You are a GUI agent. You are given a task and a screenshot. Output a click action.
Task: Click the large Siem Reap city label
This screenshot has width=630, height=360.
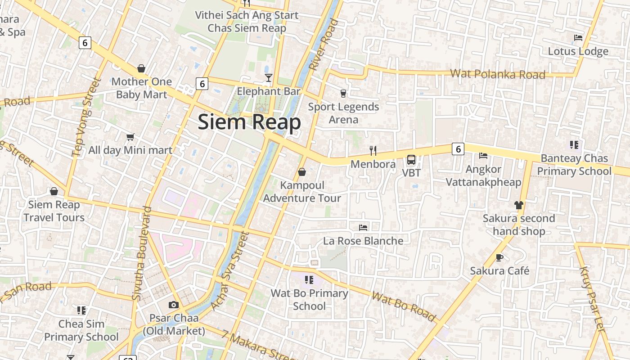(249, 122)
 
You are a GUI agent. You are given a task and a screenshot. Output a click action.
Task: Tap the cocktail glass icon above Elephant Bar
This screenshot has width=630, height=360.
(268, 78)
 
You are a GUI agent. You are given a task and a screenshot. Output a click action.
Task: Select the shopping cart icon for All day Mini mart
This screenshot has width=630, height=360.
(130, 137)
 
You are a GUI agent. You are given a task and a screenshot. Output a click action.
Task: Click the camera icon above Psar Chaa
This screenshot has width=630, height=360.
(173, 305)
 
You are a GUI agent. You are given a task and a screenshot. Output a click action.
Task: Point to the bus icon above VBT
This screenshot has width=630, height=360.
(411, 159)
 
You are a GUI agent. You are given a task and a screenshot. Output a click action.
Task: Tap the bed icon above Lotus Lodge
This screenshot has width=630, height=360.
(578, 38)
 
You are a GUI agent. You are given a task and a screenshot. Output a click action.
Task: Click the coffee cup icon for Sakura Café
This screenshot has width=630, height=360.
(499, 257)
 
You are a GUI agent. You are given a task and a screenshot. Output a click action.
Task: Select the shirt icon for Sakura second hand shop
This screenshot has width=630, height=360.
(518, 205)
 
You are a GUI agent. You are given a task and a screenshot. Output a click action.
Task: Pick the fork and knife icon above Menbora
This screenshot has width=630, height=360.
(373, 150)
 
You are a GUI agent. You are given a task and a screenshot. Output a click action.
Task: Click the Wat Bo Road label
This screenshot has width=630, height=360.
(404, 307)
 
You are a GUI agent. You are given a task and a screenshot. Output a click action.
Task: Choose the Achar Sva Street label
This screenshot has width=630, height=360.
(229, 271)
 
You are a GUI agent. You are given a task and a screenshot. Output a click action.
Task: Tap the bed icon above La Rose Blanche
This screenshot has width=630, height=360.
(363, 228)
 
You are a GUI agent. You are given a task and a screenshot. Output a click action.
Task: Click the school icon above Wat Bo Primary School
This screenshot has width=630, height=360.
(309, 280)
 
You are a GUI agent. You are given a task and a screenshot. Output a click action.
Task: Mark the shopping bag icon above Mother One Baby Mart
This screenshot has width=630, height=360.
(141, 68)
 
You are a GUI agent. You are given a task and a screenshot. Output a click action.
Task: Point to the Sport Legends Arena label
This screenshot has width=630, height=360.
(343, 113)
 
